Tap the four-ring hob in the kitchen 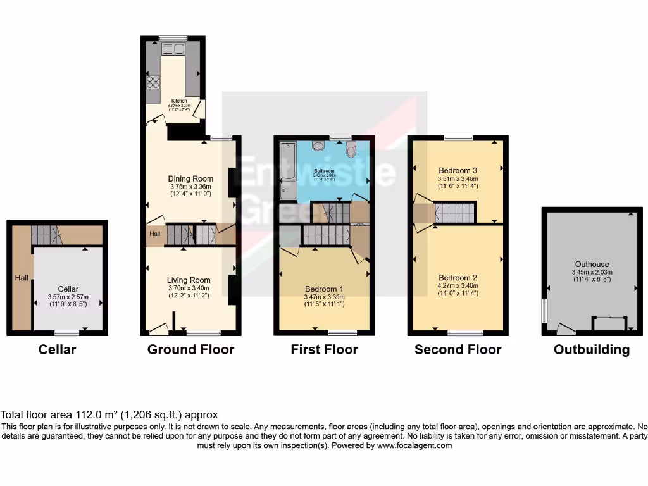153,82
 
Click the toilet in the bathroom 351,149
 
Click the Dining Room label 190,178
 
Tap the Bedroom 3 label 458,170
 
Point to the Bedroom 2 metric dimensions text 458,287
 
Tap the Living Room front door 158,328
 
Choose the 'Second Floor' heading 458,349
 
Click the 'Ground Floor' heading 190,349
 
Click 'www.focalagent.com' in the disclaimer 414,445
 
